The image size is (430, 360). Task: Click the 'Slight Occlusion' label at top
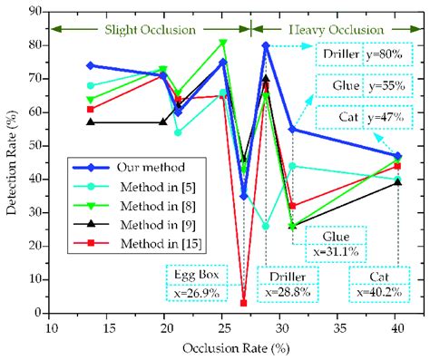(151, 29)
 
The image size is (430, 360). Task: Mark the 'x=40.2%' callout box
(374, 291)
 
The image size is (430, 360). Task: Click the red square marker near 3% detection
(243, 303)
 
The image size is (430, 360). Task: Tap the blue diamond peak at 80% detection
(266, 45)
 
